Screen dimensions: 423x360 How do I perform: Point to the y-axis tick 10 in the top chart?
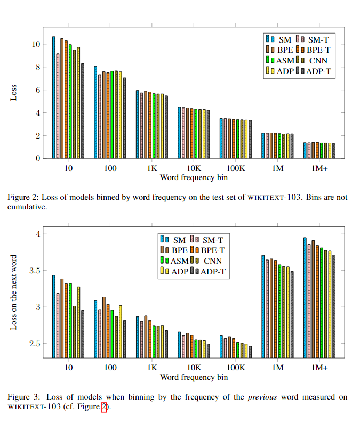tap(36, 44)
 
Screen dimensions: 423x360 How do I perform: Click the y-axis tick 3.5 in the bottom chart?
tap(33, 271)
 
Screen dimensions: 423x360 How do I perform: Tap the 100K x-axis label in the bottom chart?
tap(235, 368)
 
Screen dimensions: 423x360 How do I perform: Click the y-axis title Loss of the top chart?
tap(14, 92)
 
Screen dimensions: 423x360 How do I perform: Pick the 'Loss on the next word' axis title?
tap(14, 292)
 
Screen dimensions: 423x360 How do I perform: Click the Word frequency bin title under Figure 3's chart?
tap(194, 377)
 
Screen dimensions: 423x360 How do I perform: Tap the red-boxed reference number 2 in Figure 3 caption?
tap(104, 407)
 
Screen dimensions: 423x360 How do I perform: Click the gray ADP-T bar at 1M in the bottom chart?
tap(292, 314)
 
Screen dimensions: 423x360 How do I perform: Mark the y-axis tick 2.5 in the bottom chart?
tap(33, 344)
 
